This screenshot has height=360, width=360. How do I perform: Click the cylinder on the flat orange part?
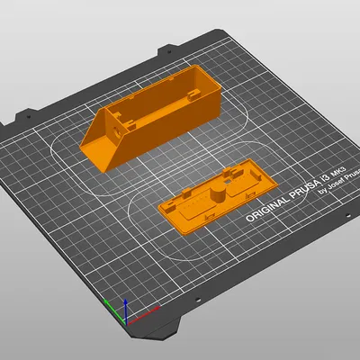[216, 193]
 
